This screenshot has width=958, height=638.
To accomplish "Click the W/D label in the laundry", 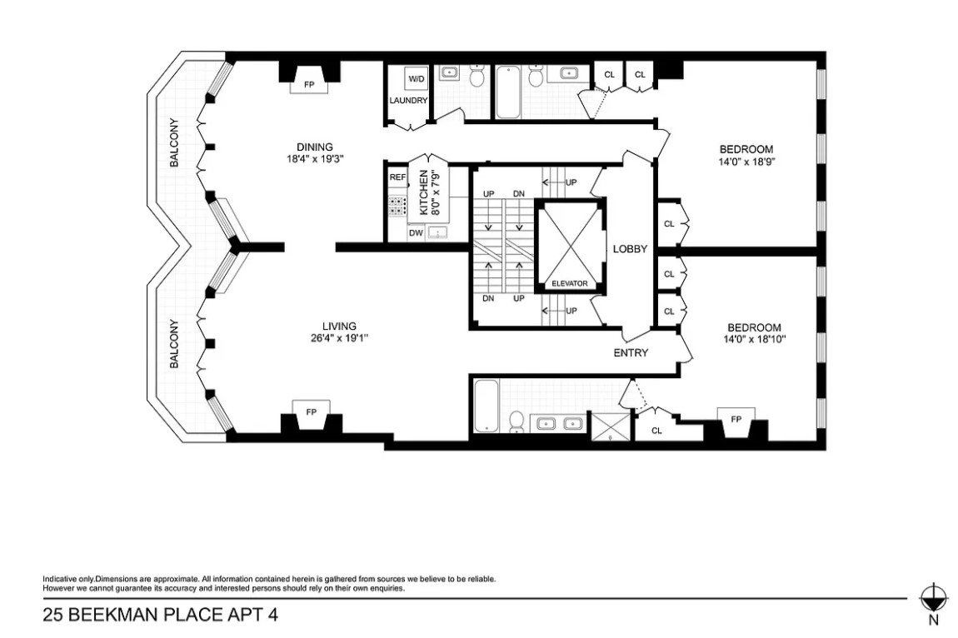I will coord(415,78).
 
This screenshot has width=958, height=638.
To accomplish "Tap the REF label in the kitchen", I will coord(397,177).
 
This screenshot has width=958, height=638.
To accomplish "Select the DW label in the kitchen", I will coord(415,233).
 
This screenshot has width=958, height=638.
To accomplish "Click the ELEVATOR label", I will coord(570,284).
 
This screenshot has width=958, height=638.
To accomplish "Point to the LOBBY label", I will coord(631,249).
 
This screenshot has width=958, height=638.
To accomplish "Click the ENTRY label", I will coord(631,353).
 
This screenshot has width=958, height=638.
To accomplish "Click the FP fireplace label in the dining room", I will coord(309,84).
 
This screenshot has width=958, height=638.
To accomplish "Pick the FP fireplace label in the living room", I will coord(311,412).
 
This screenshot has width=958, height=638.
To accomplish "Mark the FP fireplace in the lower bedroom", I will coord(736,419).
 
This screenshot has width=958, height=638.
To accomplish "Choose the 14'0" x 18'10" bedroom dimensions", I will coord(755,340).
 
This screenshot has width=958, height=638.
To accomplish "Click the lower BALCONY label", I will coord(175,344).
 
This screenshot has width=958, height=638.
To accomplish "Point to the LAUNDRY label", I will coord(408,101).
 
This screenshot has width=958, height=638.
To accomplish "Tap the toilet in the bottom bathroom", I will coord(516,421).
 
